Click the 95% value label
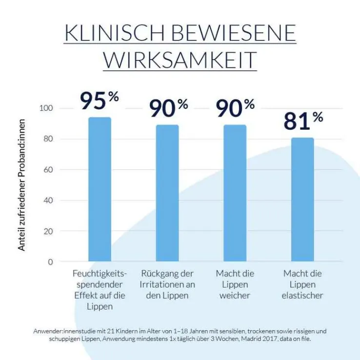click(100, 101)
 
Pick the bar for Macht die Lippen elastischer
click(303, 200)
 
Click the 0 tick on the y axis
click(50, 262)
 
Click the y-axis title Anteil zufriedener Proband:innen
click(22, 185)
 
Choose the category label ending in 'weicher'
click(235, 296)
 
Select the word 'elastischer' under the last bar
click(303, 296)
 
